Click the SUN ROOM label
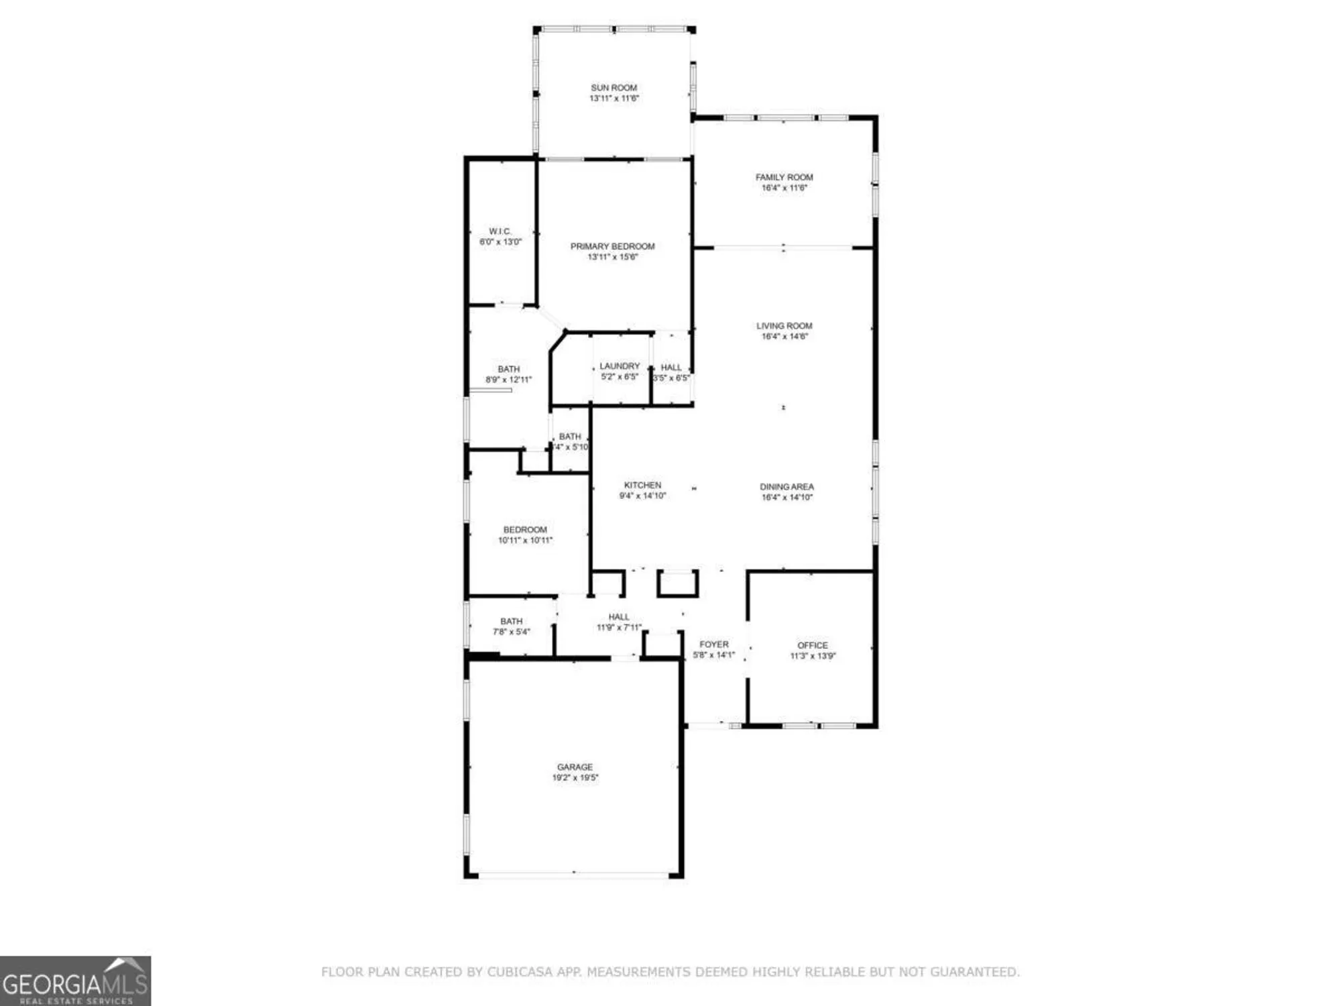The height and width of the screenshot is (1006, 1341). click(614, 88)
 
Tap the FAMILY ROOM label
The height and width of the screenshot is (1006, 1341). click(784, 177)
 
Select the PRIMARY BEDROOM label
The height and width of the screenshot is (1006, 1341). click(612, 246)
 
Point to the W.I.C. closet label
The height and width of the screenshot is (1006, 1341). click(500, 231)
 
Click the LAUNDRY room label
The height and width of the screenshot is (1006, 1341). click(620, 366)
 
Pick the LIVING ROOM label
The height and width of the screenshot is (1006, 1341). click(784, 326)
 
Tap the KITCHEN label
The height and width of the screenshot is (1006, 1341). click(642, 485)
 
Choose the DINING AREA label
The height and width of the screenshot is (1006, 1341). click(786, 487)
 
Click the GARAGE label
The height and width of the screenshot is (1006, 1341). click(575, 767)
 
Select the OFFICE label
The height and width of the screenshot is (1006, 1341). click(813, 645)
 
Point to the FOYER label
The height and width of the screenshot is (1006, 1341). click(713, 645)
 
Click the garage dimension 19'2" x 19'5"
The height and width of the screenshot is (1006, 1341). click(575, 778)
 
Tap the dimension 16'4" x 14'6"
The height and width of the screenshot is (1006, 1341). click(784, 337)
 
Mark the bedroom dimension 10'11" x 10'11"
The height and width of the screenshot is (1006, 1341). click(525, 541)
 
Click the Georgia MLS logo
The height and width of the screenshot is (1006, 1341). click(75, 981)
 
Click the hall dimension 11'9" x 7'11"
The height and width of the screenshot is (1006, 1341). click(619, 628)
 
